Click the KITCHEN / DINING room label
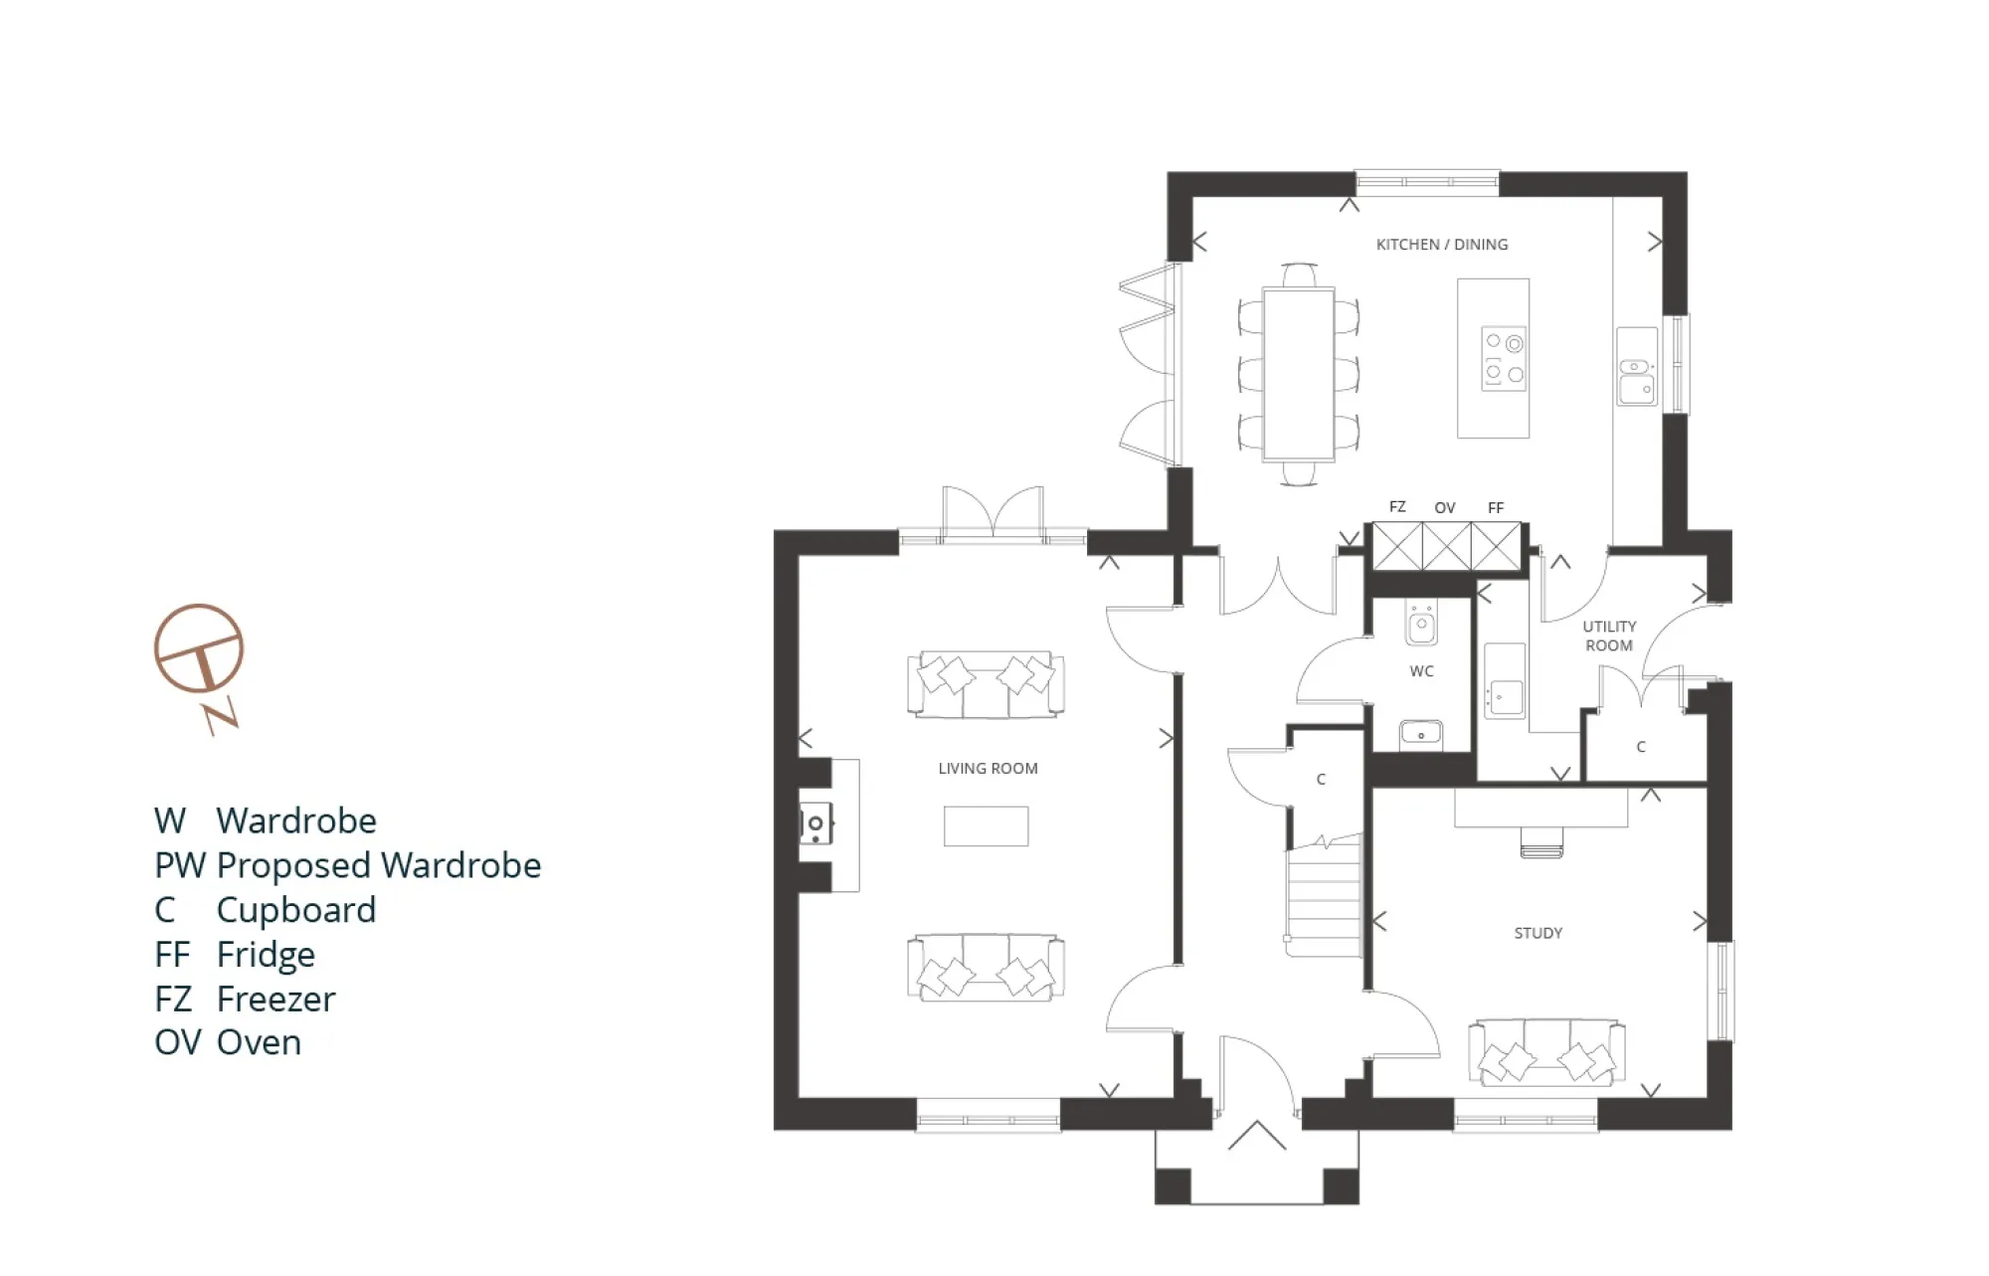[x=1441, y=245]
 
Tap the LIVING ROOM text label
[x=988, y=769]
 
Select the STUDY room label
[x=1537, y=933]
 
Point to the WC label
[x=1421, y=671]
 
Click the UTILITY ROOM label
[x=1608, y=636]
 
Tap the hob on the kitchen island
[x=1503, y=359]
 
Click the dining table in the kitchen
[x=1298, y=374]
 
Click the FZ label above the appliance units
[x=1397, y=507]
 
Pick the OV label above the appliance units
[x=1444, y=508]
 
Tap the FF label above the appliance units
[x=1495, y=508]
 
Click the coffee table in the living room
[x=986, y=826]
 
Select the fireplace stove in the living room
[x=815, y=824]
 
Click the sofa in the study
[x=1546, y=1053]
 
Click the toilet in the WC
[x=1421, y=623]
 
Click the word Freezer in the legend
[x=275, y=999]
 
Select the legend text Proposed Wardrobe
[x=378, y=865]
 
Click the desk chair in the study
[x=1540, y=842]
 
